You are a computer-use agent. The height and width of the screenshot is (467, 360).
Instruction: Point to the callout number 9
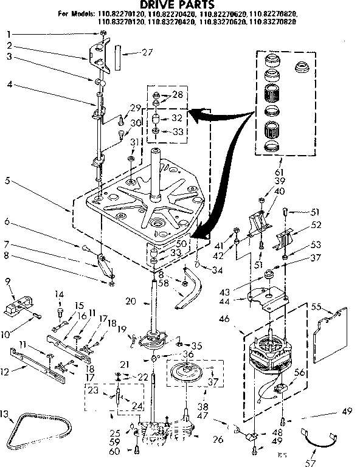pyautogui.click(x=7, y=281)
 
